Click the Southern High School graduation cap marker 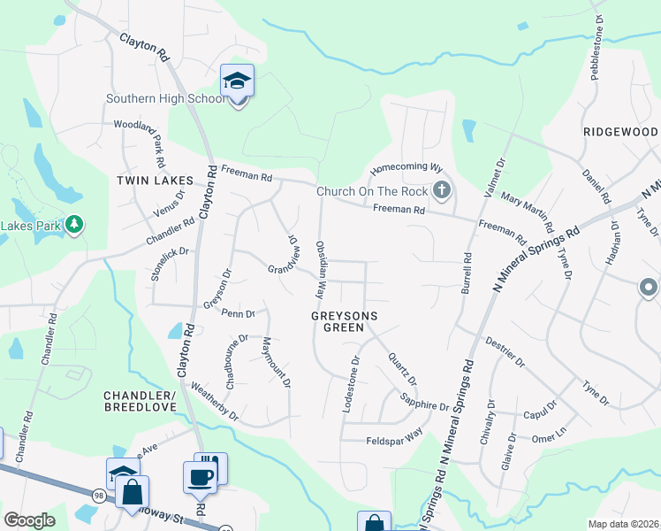tap(237, 81)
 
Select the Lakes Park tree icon tap(76, 225)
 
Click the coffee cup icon tap(200, 477)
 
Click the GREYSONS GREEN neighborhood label tap(345, 321)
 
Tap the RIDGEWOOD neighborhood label tap(620, 131)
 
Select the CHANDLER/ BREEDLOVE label tap(141, 400)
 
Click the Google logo tap(29, 520)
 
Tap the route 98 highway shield tap(99, 496)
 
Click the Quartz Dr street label tap(402, 369)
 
